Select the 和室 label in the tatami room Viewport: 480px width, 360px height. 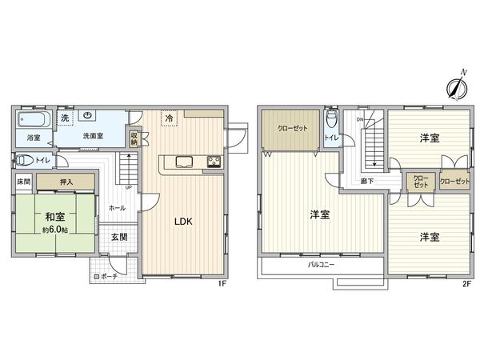(54, 215)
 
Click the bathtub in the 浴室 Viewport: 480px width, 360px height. (35, 120)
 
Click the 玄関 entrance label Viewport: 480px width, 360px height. (118, 237)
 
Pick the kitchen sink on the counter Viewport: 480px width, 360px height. (182, 160)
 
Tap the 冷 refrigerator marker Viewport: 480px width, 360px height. (169, 118)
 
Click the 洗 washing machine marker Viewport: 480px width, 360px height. (66, 118)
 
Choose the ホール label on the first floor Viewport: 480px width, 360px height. (116, 207)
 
